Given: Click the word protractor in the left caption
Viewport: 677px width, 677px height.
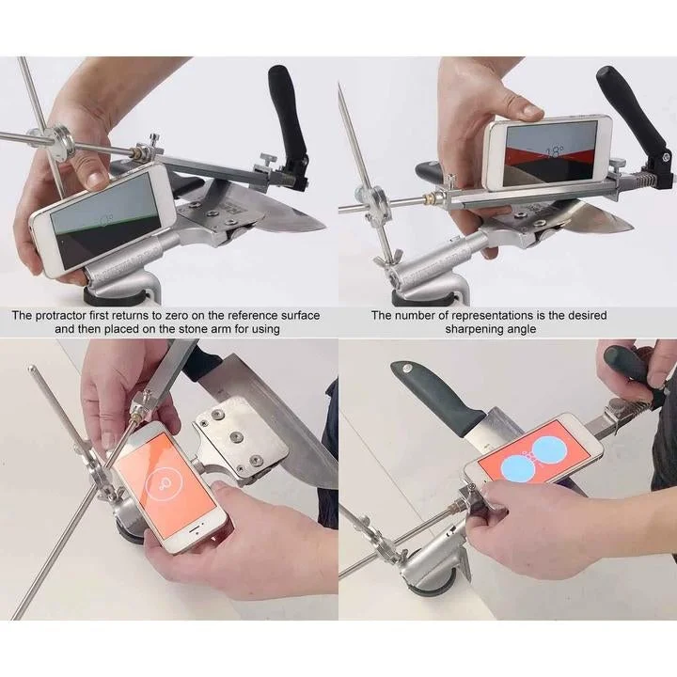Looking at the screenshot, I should [76, 316].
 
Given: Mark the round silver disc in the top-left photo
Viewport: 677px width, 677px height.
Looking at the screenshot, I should [62, 146].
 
